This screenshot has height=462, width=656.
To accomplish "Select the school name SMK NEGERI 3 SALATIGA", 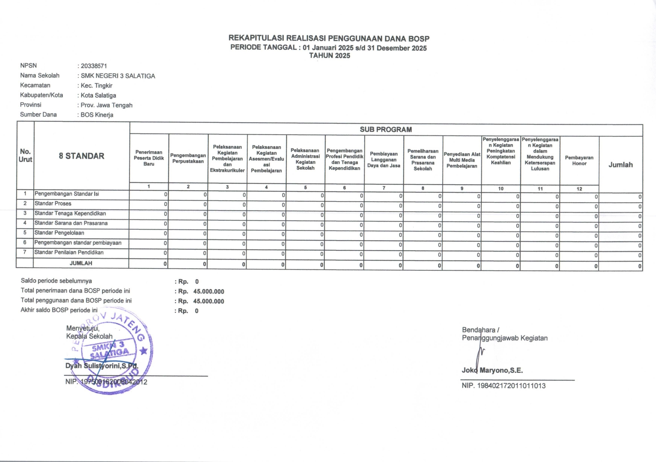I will pyautogui.click(x=118, y=76).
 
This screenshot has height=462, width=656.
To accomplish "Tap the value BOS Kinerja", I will pyautogui.click(x=97, y=115).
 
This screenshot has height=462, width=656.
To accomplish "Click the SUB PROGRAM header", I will pyautogui.click(x=385, y=130).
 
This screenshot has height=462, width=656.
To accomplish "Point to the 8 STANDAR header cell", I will pyautogui.click(x=81, y=156).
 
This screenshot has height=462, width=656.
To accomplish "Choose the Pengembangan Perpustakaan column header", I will pyautogui.click(x=188, y=158).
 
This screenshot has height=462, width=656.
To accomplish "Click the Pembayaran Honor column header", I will pyautogui.click(x=579, y=161).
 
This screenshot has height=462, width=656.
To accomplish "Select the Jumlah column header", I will pyautogui.click(x=620, y=165).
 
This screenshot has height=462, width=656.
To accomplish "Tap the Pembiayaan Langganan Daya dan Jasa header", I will pyautogui.click(x=384, y=160).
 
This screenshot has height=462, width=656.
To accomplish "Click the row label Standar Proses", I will pyautogui.click(x=53, y=203).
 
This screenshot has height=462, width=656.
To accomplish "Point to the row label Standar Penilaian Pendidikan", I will pyautogui.click(x=69, y=252).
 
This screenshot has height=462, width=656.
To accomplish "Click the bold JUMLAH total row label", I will pyautogui.click(x=81, y=263).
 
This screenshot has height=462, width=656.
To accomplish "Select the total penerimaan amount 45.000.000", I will pyautogui.click(x=209, y=291).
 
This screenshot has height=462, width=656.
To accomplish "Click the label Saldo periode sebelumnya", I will pyautogui.click(x=56, y=281).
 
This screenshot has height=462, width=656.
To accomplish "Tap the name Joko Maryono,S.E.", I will pyautogui.click(x=492, y=370).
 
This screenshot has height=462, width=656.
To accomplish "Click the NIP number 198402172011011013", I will pyautogui.click(x=511, y=386).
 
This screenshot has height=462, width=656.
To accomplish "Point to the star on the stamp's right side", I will pyautogui.click(x=143, y=351).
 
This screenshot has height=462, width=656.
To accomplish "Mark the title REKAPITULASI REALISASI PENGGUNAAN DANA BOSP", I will pyautogui.click(x=329, y=38).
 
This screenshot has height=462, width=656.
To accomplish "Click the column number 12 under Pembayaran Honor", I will pyautogui.click(x=579, y=189).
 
